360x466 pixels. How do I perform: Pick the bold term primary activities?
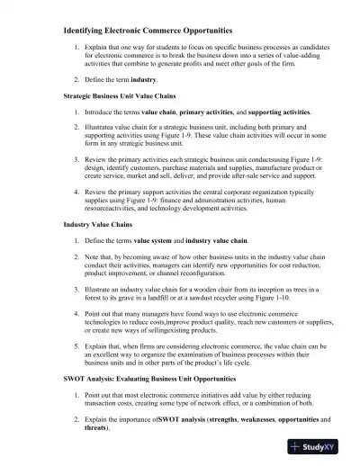tap(209, 111)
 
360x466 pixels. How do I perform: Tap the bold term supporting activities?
tap(283, 111)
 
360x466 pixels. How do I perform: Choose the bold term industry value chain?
tap(220, 240)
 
